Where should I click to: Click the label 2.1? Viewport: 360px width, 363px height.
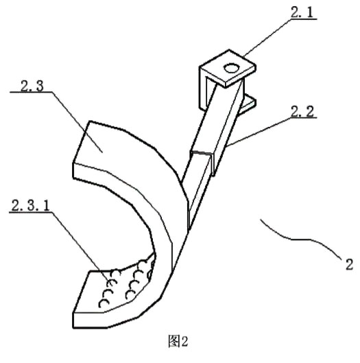(302, 12)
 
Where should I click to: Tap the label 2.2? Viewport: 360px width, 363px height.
(302, 111)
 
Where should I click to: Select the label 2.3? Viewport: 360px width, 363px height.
(32, 86)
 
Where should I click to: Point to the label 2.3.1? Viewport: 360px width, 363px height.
(30, 206)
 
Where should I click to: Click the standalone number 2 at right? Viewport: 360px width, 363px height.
(349, 264)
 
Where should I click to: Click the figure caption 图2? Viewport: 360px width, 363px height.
(178, 342)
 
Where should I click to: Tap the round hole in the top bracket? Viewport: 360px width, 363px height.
(231, 68)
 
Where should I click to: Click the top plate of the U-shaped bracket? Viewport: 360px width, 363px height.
(228, 69)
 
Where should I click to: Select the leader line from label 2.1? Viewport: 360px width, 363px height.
(267, 37)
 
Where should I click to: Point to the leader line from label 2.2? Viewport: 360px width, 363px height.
(259, 132)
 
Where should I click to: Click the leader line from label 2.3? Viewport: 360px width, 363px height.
(77, 122)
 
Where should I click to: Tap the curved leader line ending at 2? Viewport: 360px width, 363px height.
(301, 237)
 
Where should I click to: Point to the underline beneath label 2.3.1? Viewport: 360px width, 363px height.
(30, 212)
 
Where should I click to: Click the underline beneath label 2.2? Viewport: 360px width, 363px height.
(303, 117)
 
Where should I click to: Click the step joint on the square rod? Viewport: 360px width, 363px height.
(202, 153)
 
